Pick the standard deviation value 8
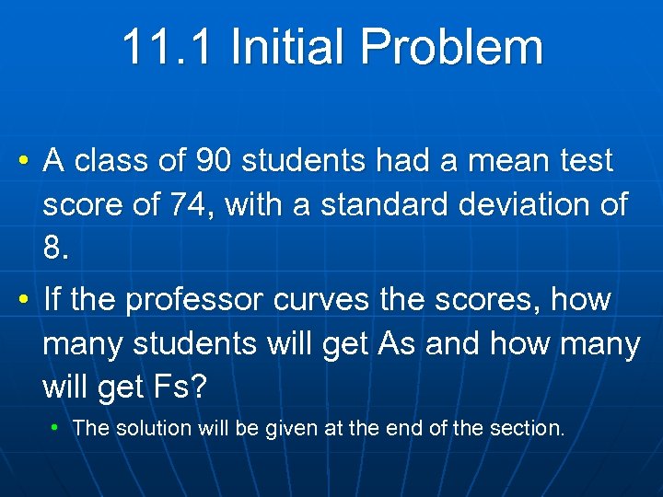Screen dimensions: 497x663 coord(55,248)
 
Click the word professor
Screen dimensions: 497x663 coord(193,300)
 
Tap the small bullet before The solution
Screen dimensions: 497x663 coord(56,428)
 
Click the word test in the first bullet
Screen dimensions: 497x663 coord(587,161)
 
